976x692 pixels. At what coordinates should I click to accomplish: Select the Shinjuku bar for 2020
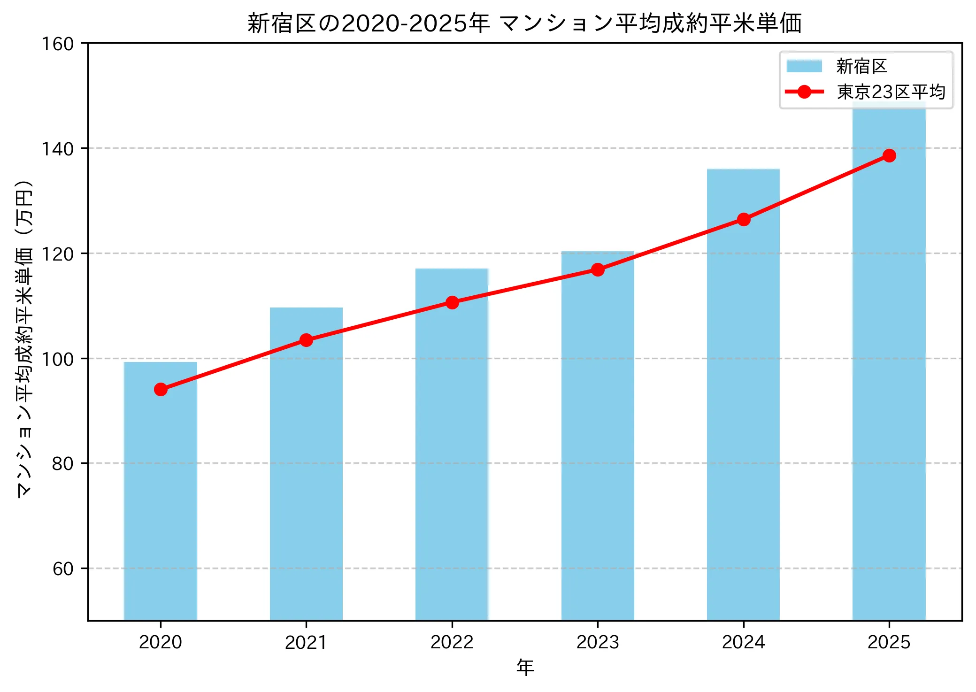click(x=161, y=493)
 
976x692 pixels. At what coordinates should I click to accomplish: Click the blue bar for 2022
click(x=452, y=446)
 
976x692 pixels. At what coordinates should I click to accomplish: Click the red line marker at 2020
click(x=161, y=390)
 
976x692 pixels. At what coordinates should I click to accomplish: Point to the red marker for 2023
click(x=598, y=269)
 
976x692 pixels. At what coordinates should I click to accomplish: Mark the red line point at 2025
click(x=889, y=156)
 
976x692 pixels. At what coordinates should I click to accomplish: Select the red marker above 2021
click(x=306, y=340)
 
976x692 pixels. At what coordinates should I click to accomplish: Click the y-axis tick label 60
click(x=63, y=569)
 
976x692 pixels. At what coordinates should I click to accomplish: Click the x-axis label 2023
click(x=598, y=642)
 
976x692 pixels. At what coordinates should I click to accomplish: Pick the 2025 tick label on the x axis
click(x=889, y=642)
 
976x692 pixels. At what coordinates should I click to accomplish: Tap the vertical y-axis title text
click(x=24, y=338)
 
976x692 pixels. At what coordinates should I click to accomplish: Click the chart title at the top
click(x=524, y=23)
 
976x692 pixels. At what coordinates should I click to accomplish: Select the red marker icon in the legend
click(x=804, y=92)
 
